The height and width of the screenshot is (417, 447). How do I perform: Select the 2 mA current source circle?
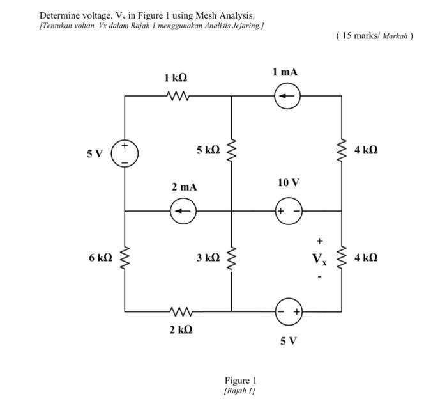pyautogui.click(x=183, y=210)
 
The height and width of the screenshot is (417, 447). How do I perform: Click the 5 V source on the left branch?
pyautogui.click(x=125, y=154)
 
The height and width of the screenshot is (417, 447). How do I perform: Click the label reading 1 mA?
pyautogui.click(x=285, y=72)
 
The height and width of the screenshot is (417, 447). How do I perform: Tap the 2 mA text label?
pyautogui.click(x=184, y=187)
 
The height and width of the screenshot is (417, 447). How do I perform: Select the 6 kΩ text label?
pyautogui.click(x=100, y=258)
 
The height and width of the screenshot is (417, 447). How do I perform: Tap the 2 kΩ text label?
pyautogui.click(x=181, y=330)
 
